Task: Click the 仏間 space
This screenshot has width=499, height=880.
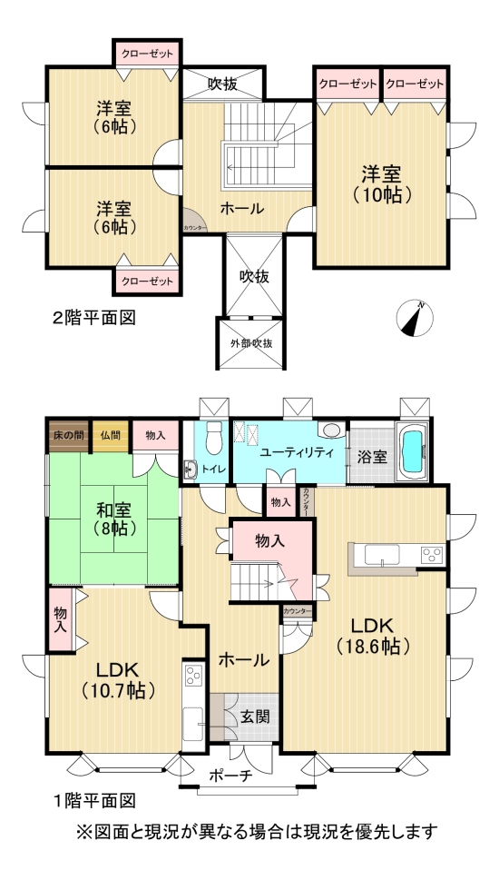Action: pyautogui.click(x=112, y=436)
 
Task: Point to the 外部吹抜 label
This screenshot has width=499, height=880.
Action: pyautogui.click(x=250, y=344)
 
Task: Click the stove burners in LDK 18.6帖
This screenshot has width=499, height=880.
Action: pyautogui.click(x=429, y=555)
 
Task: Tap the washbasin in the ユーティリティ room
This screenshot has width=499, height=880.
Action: pyautogui.click(x=332, y=430)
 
